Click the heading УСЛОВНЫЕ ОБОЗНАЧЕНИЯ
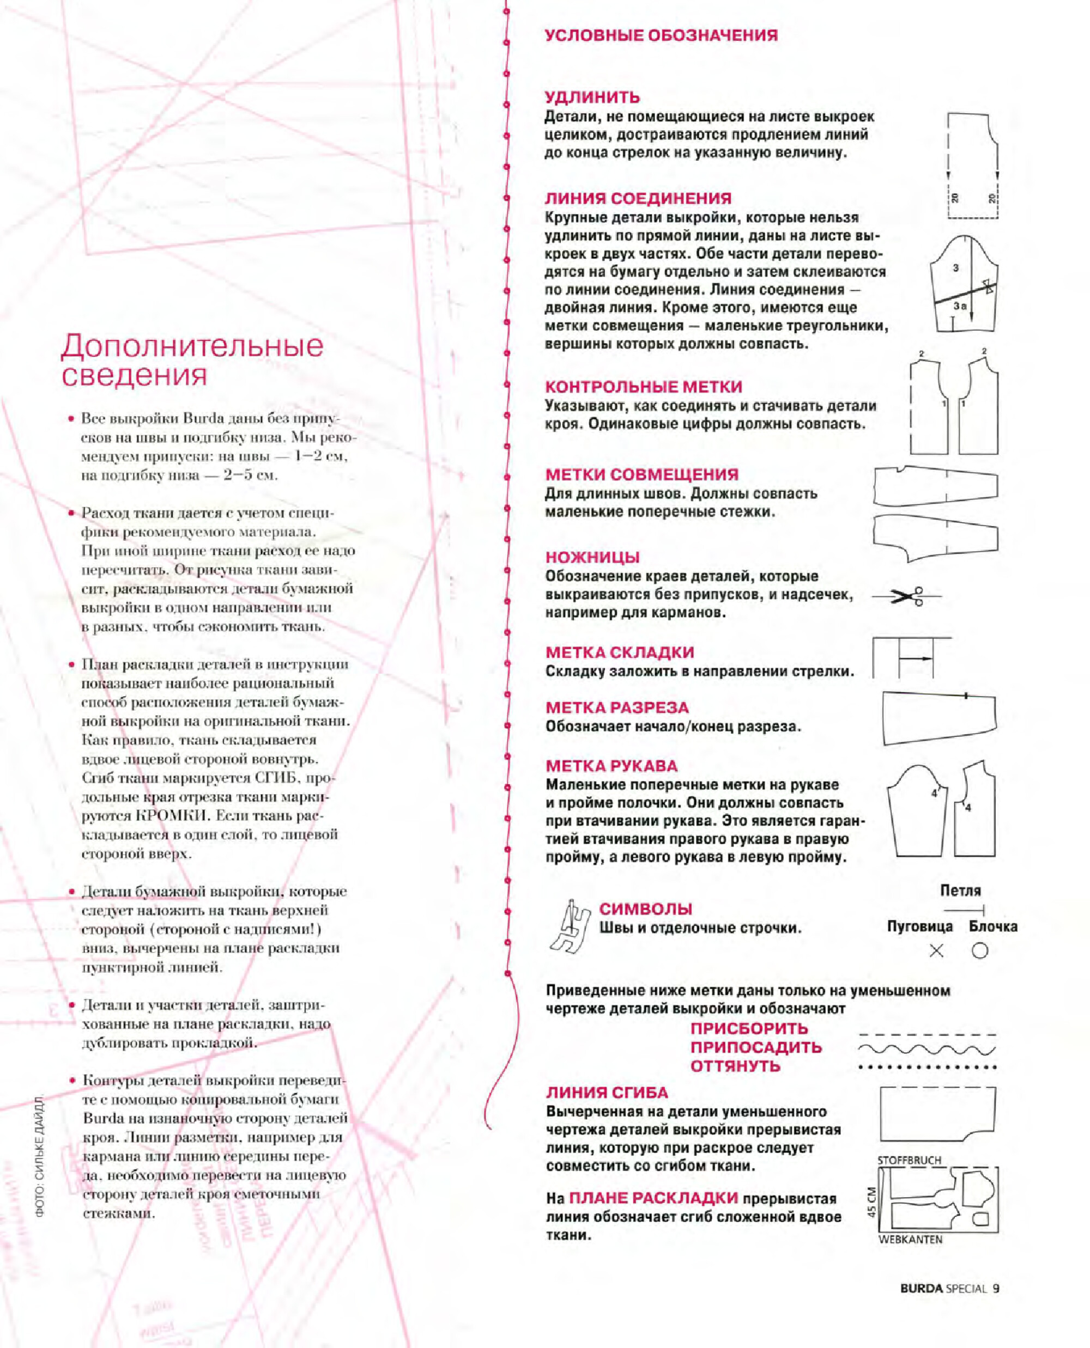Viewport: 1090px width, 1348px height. [x=661, y=36]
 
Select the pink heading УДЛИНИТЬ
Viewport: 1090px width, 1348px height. [x=592, y=97]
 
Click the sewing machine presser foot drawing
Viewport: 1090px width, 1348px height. [x=569, y=928]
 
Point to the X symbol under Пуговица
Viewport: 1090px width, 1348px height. [x=936, y=951]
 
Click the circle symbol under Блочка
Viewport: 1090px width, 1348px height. [x=979, y=951]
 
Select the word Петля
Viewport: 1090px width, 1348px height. [x=960, y=890]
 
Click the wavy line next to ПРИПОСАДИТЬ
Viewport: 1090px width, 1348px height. [x=927, y=1048]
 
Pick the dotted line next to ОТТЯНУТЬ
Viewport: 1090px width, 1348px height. [x=927, y=1067]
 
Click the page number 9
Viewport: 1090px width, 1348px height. [x=996, y=1289]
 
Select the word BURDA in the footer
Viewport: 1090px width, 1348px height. [x=921, y=1289]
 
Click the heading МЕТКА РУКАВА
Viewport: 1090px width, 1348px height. [x=611, y=766]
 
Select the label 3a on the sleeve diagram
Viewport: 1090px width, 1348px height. [x=960, y=306]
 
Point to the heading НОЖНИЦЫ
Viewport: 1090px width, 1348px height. [x=592, y=557]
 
